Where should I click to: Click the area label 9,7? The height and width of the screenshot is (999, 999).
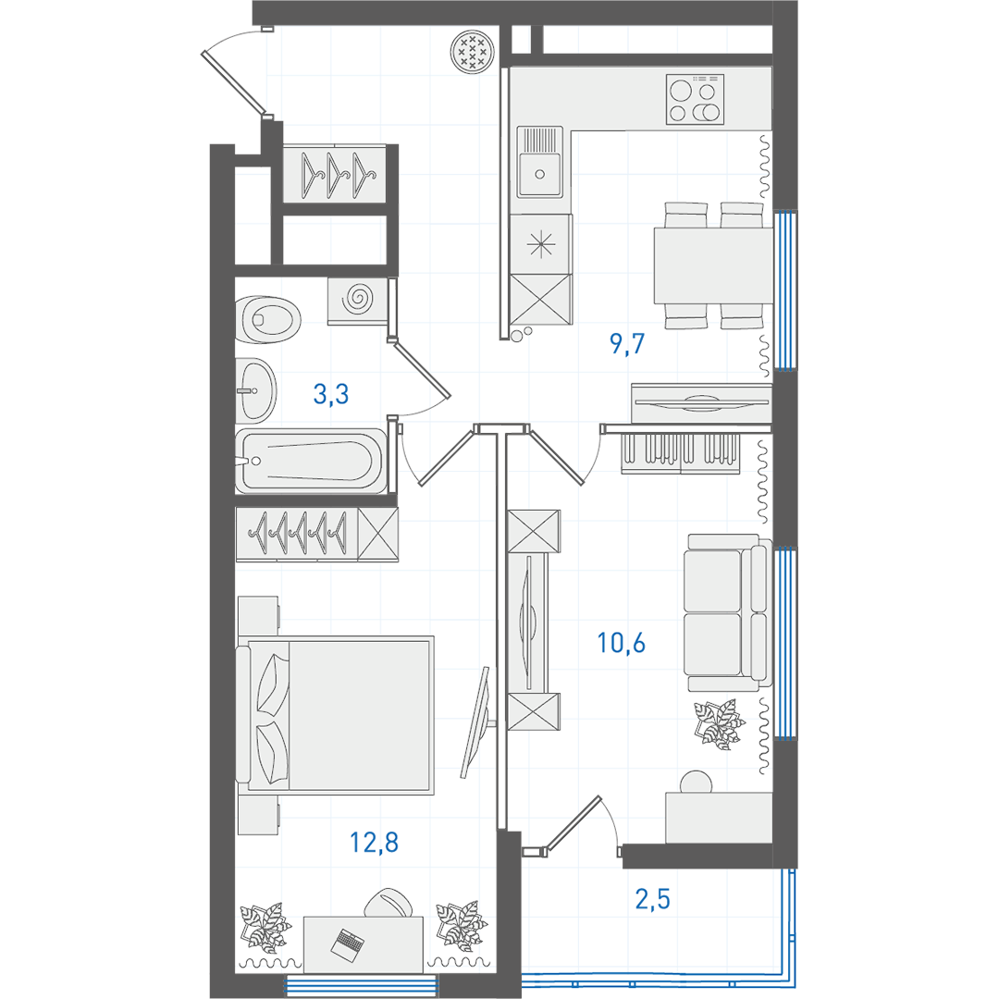[627, 343]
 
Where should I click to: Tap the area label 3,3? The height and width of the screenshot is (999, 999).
[330, 394]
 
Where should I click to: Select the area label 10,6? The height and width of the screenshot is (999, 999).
[621, 643]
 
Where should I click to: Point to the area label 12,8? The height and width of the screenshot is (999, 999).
[374, 843]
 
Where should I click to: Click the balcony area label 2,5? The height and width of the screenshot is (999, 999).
[652, 899]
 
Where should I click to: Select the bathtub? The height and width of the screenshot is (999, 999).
[311, 461]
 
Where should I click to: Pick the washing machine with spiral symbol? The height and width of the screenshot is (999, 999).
[357, 300]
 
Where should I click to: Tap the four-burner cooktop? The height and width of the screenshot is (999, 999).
[695, 99]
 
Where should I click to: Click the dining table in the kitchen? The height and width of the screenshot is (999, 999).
[713, 265]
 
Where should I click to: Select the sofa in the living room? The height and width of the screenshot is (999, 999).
[728, 612]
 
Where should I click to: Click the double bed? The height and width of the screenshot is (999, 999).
[335, 715]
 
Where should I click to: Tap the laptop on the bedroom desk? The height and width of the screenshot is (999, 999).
[348, 943]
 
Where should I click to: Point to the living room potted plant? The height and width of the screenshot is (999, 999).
[719, 723]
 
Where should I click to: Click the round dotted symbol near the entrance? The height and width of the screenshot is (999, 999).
[472, 52]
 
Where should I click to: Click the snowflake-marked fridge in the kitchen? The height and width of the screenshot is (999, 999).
[541, 244]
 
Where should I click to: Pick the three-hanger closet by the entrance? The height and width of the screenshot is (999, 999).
[335, 174]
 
